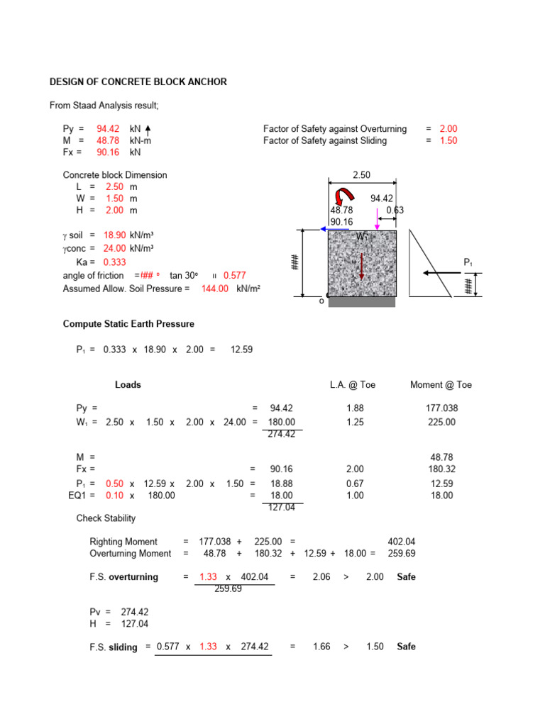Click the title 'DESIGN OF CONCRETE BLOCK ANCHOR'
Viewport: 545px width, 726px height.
point(138,82)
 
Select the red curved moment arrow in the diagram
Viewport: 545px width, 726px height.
point(346,196)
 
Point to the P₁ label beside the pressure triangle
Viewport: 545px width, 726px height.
point(468,263)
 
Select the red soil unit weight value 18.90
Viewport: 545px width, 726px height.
point(114,235)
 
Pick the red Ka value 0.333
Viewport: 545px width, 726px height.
point(115,262)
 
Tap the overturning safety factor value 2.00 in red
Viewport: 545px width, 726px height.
point(448,129)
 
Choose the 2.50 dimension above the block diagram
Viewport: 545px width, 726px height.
point(361,174)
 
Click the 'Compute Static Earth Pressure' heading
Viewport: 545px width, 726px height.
point(128,324)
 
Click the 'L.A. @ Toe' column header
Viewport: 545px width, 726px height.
point(353,385)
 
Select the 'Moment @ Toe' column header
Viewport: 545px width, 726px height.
point(441,385)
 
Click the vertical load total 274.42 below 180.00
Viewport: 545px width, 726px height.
point(282,435)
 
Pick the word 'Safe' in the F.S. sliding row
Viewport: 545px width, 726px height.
point(407,647)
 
